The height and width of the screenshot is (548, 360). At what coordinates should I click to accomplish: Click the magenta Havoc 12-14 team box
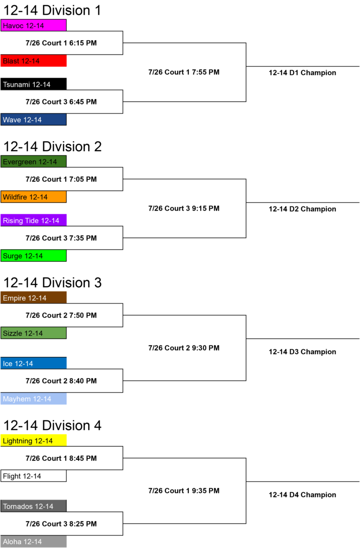(x=34, y=25)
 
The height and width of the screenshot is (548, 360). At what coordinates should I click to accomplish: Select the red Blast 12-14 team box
(x=34, y=61)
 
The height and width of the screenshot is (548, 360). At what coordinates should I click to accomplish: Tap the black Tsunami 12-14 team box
(x=34, y=84)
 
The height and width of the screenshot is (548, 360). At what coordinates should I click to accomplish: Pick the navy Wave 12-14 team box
(x=34, y=120)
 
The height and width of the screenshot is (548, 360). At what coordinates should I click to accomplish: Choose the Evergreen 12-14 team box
(x=34, y=162)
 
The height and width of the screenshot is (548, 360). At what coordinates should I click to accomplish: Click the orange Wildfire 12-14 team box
(x=34, y=197)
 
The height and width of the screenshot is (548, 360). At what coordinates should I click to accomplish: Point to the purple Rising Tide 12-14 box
(x=34, y=221)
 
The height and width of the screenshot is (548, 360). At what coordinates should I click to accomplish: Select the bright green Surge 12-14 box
(x=34, y=256)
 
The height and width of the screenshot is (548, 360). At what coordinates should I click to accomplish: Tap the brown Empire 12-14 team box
(x=34, y=298)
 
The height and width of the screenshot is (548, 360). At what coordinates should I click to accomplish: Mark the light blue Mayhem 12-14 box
(x=34, y=399)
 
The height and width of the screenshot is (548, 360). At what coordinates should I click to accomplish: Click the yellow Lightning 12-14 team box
(x=34, y=441)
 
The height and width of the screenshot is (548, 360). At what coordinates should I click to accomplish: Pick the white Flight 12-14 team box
(x=34, y=476)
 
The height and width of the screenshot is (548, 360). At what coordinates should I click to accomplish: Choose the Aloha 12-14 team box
(x=34, y=542)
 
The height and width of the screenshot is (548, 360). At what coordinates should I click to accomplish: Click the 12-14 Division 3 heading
(x=52, y=282)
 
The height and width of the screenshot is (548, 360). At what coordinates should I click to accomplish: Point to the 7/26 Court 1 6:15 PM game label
(x=61, y=43)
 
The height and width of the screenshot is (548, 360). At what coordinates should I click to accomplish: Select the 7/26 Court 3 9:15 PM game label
(x=184, y=208)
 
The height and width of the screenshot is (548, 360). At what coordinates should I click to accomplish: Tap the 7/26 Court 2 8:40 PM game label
(x=61, y=381)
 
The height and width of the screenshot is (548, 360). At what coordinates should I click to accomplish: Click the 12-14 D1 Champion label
(x=302, y=73)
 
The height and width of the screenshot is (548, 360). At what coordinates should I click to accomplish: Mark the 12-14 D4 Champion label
(x=302, y=495)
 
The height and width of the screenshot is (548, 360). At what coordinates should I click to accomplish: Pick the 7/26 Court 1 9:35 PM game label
(x=184, y=491)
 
